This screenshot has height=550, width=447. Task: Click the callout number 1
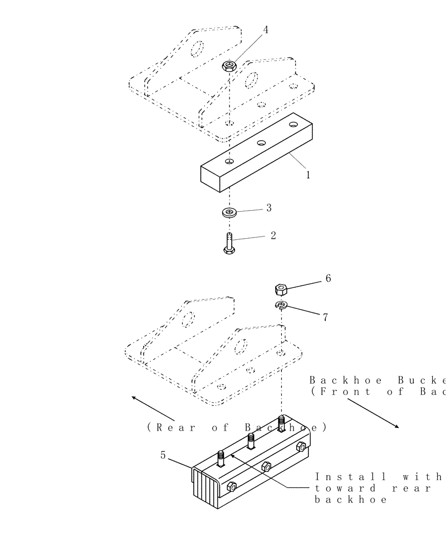[308, 175]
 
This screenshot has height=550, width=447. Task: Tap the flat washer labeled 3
[228, 212]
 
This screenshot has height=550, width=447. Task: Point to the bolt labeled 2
[228, 243]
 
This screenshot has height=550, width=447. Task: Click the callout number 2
[273, 235]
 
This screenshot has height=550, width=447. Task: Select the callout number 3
[269, 208]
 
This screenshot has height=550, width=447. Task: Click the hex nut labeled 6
[281, 289]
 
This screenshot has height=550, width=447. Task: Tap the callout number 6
[328, 278]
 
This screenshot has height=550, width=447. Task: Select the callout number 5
[163, 455]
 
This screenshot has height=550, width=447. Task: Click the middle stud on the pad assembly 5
[250, 440]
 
